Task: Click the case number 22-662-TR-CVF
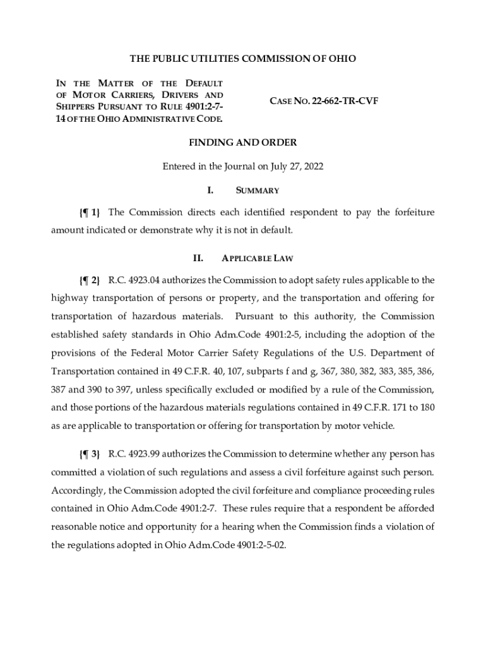click(345, 100)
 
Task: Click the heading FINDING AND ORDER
click(243, 143)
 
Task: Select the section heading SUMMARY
click(258, 191)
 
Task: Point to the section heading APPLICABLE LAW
click(257, 259)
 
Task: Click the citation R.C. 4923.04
click(133, 279)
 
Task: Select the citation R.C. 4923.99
click(133, 454)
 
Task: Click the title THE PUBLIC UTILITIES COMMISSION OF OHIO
click(243, 59)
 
